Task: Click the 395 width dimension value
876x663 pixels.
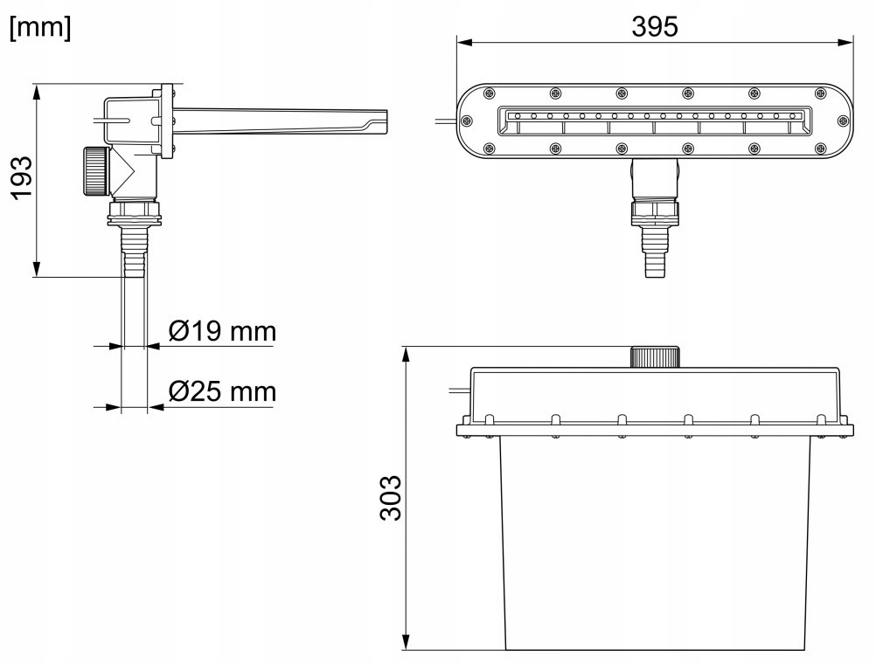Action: tap(655, 26)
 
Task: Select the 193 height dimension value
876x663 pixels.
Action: tap(23, 177)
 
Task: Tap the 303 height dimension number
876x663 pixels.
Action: tap(391, 498)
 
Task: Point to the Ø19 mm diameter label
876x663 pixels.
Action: tap(222, 332)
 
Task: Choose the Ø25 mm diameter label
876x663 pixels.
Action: tap(222, 391)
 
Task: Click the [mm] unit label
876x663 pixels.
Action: tap(41, 27)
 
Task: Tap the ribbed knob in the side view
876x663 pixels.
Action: tap(95, 171)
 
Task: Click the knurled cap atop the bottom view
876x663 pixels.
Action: tap(655, 357)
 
